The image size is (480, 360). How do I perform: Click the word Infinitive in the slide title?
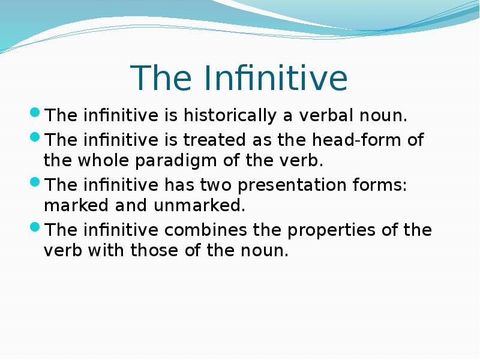[x=276, y=78]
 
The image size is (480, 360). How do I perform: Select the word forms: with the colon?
[x=382, y=186]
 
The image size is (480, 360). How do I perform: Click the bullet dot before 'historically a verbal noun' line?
[x=35, y=113]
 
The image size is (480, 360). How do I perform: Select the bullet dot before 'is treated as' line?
[x=35, y=138]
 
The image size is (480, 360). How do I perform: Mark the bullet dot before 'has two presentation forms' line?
[x=35, y=183]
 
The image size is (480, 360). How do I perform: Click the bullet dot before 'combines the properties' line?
[x=35, y=228]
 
